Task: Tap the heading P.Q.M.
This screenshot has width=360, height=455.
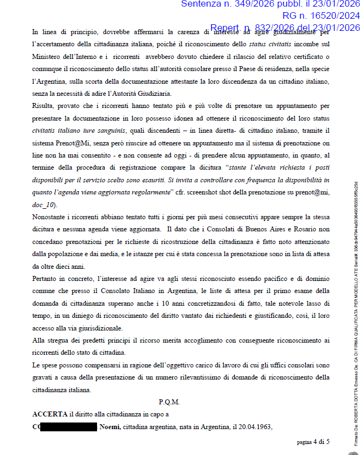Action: pyautogui.click(x=169, y=402)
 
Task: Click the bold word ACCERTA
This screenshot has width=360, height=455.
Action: pyautogui.click(x=50, y=414)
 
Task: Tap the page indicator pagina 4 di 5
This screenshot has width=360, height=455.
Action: pyautogui.click(x=313, y=441)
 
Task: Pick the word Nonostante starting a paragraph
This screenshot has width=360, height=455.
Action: pyautogui.click(x=51, y=216)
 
